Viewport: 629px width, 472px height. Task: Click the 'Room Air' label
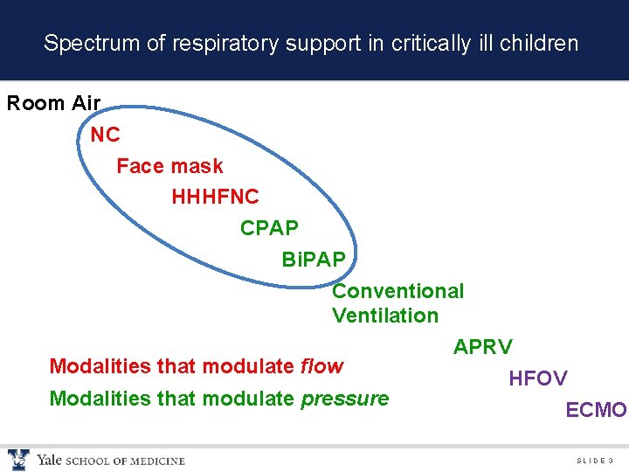pyautogui.click(x=53, y=103)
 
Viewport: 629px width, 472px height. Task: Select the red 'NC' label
pyautogui.click(x=105, y=135)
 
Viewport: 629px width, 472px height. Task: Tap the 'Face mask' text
pyautogui.click(x=169, y=166)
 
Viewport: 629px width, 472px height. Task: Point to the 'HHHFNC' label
pyautogui.click(x=215, y=198)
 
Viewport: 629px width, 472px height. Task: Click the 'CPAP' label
pyautogui.click(x=269, y=228)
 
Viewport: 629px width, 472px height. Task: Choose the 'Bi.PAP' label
pyautogui.click(x=314, y=260)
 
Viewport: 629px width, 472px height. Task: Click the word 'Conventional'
pyautogui.click(x=397, y=291)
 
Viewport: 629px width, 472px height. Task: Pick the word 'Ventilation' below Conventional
pyautogui.click(x=384, y=315)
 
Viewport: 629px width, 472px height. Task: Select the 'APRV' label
pyautogui.click(x=482, y=347)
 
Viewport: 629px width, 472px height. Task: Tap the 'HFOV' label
pyautogui.click(x=537, y=378)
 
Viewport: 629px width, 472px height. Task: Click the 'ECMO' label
pyautogui.click(x=596, y=410)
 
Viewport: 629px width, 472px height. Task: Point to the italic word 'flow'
pyautogui.click(x=321, y=365)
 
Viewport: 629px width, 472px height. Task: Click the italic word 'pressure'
pyautogui.click(x=344, y=399)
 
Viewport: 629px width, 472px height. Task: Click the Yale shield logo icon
pyautogui.click(x=18, y=459)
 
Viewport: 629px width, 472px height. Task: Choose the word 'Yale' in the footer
pyautogui.click(x=48, y=460)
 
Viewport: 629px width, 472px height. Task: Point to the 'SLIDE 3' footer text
pyautogui.click(x=595, y=461)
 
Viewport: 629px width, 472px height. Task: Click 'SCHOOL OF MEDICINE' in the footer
pyautogui.click(x=125, y=461)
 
